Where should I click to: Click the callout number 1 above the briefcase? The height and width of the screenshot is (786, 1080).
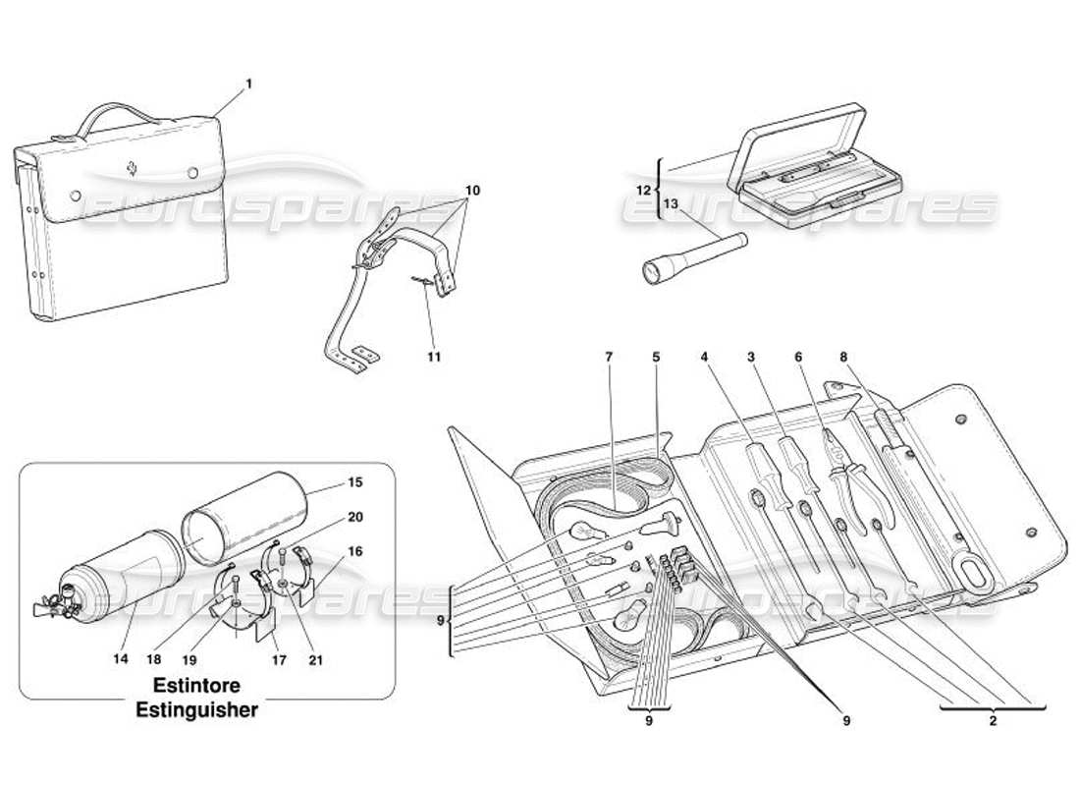click(x=248, y=84)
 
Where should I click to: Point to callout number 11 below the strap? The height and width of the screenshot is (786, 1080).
click(x=434, y=357)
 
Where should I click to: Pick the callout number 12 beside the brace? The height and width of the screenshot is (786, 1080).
click(x=643, y=189)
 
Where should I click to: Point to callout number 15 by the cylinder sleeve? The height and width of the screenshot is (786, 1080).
click(x=355, y=482)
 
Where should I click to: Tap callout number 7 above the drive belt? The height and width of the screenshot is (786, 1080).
click(x=609, y=357)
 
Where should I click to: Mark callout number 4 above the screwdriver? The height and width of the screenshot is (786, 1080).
click(x=704, y=357)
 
